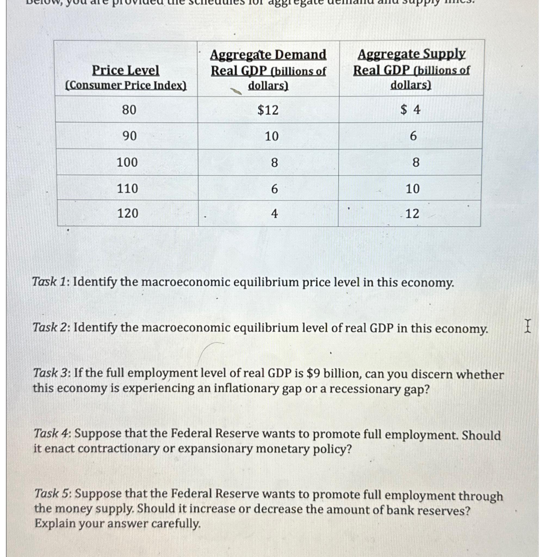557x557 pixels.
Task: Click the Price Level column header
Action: pyautogui.click(x=125, y=70)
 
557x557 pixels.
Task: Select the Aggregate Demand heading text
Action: pyautogui.click(x=268, y=55)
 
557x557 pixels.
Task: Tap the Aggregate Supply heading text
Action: pyautogui.click(x=411, y=54)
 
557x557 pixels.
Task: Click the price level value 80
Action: pyautogui.click(x=129, y=110)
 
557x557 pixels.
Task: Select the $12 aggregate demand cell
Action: pyautogui.click(x=268, y=110)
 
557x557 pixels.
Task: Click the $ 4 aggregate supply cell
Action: pyautogui.click(x=410, y=110)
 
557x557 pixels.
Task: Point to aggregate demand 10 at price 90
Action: pyautogui.click(x=272, y=136)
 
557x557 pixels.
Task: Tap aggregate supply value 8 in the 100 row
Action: pyautogui.click(x=416, y=162)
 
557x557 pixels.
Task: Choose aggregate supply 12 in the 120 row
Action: pyautogui.click(x=412, y=213)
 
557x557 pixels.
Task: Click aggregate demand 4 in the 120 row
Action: pyautogui.click(x=274, y=213)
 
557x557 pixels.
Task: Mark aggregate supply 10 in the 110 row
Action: pyautogui.click(x=412, y=189)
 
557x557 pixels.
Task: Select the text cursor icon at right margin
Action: pyautogui.click(x=527, y=326)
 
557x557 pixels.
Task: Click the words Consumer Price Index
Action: pyautogui.click(x=126, y=86)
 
